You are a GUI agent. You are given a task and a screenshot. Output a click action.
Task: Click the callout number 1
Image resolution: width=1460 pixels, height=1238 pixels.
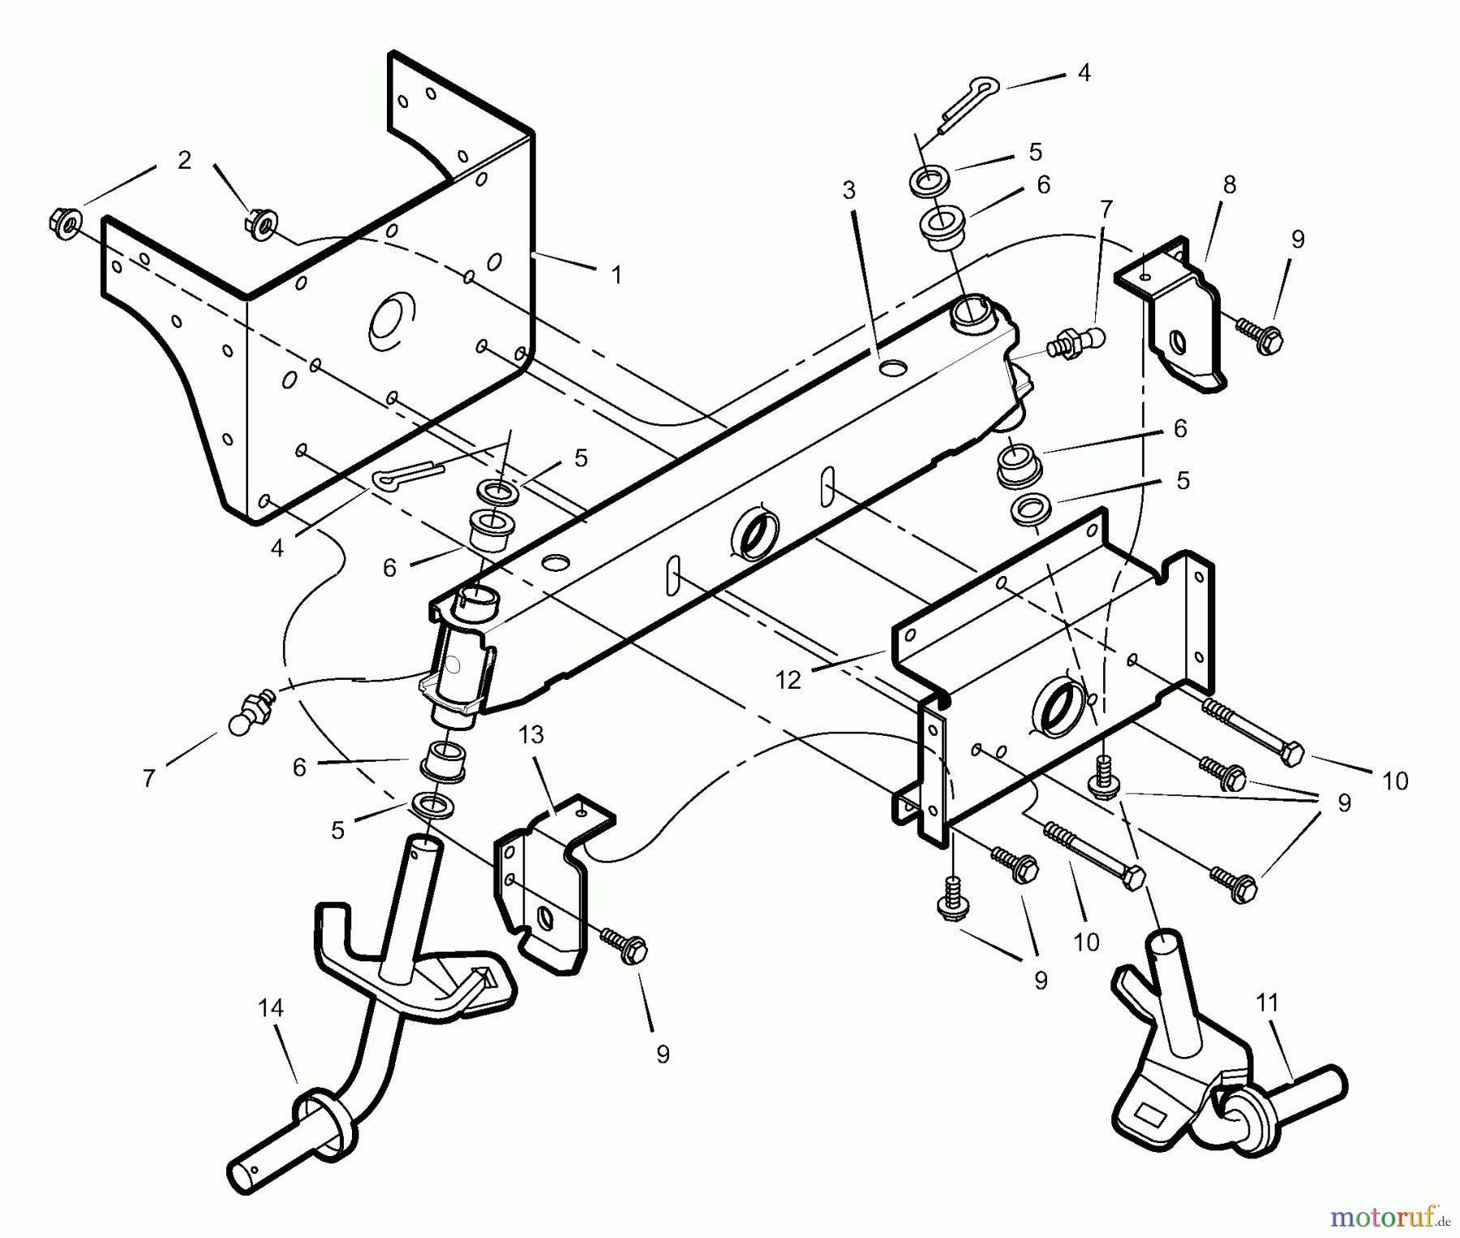pyautogui.click(x=616, y=276)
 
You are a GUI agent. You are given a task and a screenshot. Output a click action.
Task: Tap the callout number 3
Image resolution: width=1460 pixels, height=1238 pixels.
pyautogui.click(x=848, y=191)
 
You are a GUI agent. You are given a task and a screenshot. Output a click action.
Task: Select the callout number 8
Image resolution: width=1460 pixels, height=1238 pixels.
pyautogui.click(x=1229, y=185)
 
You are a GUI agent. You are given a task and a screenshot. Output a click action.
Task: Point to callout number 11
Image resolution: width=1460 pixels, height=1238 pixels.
pyautogui.click(x=1267, y=1004)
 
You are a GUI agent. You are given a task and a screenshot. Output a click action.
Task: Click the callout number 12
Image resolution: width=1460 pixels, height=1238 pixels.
pyautogui.click(x=788, y=680)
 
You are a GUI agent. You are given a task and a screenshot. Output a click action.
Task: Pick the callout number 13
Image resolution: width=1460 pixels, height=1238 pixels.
pyautogui.click(x=531, y=735)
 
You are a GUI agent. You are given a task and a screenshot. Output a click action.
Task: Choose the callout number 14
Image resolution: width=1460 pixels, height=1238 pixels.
pyautogui.click(x=270, y=1008)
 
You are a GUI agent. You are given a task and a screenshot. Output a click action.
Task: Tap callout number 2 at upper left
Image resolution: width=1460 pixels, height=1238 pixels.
pyautogui.click(x=184, y=160)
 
